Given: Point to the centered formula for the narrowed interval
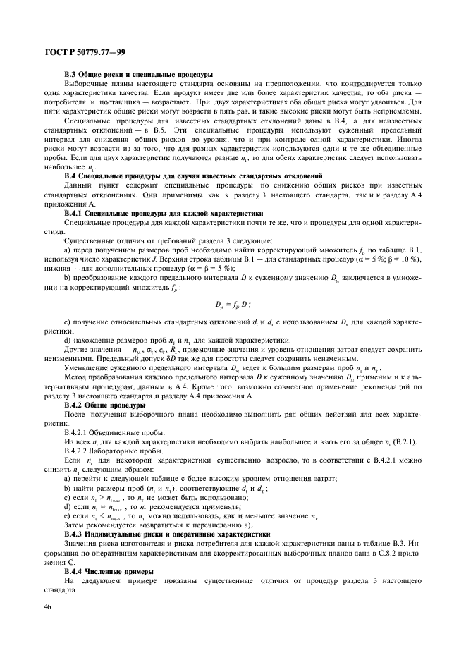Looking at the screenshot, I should click(x=232, y=303).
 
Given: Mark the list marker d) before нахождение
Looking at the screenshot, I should click(x=66, y=340).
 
